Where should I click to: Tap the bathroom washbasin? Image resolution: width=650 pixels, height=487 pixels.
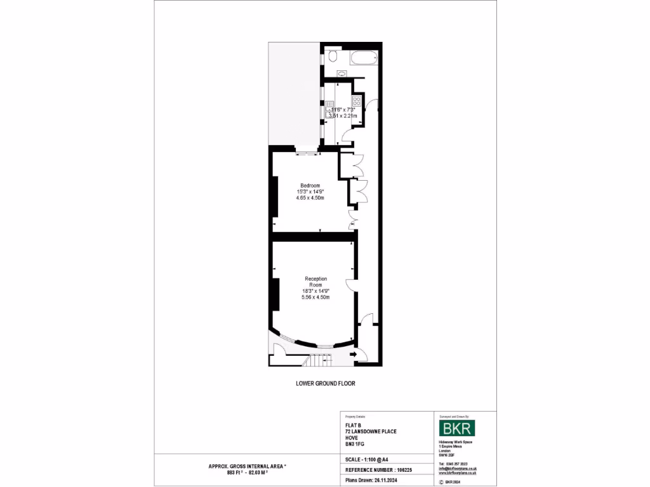(x=342, y=74)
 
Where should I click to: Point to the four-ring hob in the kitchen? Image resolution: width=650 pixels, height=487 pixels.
(x=357, y=101)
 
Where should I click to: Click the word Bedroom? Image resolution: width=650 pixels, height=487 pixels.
(x=310, y=185)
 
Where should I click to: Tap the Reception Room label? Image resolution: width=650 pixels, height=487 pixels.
(x=315, y=282)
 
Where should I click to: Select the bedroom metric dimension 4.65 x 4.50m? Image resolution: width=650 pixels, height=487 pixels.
(x=310, y=198)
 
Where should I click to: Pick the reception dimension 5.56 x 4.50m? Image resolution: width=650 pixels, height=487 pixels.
(x=315, y=297)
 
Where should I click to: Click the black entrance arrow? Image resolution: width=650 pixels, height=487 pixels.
(x=353, y=355)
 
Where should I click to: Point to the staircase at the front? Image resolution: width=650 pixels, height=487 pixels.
(x=315, y=361)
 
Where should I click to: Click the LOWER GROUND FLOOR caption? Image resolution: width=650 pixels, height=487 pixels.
(x=321, y=384)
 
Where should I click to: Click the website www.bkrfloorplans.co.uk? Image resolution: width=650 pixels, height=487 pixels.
(x=458, y=473)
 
